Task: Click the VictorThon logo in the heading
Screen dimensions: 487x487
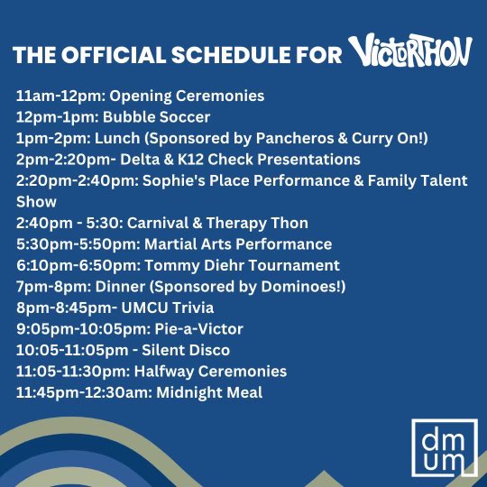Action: click(x=409, y=51)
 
